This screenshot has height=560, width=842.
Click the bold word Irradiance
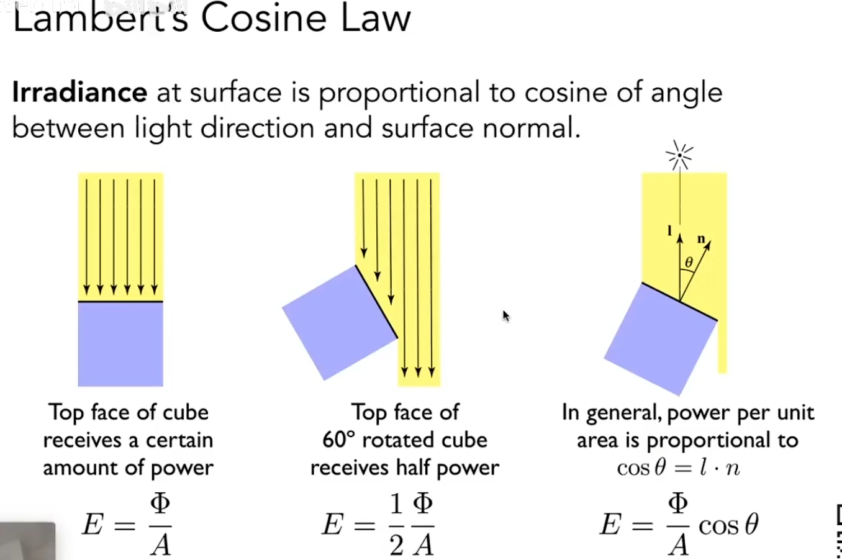[79, 93]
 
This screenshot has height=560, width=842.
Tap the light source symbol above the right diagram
[679, 155]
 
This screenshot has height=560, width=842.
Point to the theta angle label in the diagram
[689, 263]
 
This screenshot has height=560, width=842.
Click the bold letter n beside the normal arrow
[701, 238]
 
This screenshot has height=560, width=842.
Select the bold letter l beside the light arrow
[669, 231]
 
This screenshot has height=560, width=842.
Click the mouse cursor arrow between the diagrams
[505, 316]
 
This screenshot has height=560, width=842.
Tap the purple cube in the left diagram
[120, 344]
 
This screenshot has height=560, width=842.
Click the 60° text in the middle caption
[338, 440]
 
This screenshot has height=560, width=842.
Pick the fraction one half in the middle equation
[396, 525]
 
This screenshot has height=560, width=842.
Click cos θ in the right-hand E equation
[728, 526]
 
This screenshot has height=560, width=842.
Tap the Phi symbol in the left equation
[160, 503]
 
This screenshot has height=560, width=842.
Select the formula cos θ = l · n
[678, 467]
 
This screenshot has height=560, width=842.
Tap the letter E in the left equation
[93, 525]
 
